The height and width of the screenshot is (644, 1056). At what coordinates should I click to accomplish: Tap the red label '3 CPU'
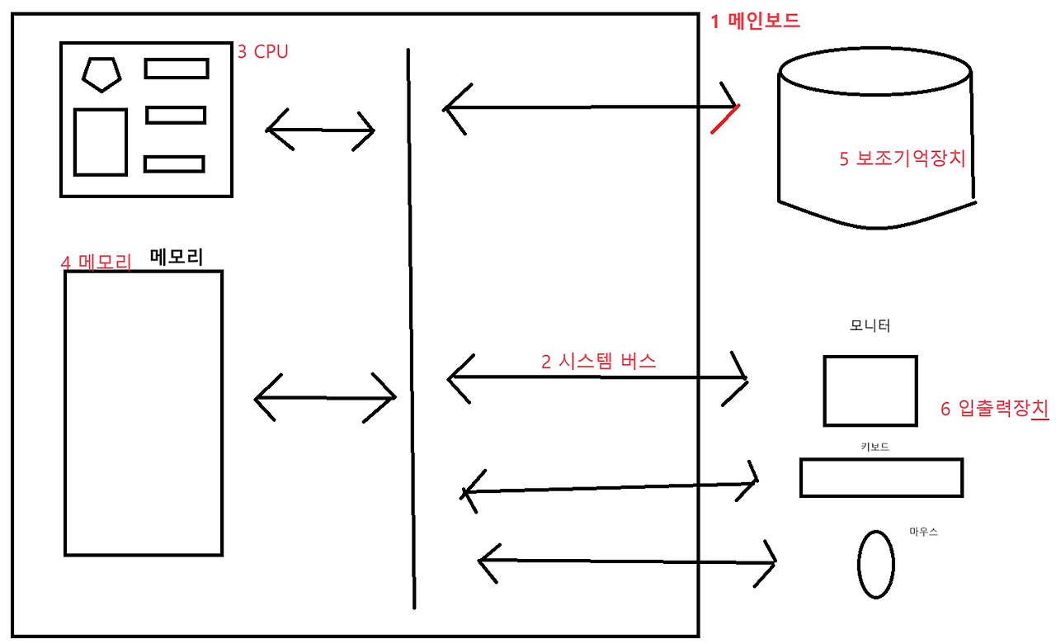(263, 52)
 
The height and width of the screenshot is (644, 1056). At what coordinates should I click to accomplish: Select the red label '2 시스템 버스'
(598, 361)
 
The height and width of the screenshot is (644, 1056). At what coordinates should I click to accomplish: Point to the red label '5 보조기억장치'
(902, 159)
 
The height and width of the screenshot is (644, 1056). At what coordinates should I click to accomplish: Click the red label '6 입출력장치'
(994, 408)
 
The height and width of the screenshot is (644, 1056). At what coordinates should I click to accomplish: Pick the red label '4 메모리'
(96, 263)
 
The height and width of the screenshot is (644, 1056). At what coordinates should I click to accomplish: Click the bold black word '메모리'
(177, 257)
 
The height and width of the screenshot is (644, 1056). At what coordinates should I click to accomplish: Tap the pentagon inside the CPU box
(101, 73)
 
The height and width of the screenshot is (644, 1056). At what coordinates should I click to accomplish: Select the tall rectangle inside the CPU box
(101, 142)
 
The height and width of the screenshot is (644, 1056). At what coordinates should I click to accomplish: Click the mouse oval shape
(875, 564)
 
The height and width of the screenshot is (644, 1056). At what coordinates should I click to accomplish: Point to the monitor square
(870, 391)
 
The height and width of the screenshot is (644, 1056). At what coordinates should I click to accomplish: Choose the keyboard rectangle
(881, 478)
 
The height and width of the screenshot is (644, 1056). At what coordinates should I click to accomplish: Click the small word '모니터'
(870, 326)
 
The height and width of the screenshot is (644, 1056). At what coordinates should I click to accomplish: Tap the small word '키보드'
(874, 447)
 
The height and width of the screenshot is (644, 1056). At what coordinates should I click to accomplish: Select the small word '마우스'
(923, 533)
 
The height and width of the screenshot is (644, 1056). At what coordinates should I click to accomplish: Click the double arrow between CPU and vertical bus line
(320, 130)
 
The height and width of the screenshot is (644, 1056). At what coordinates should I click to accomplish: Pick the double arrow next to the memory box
(324, 398)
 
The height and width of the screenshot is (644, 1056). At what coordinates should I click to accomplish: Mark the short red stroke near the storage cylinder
(725, 118)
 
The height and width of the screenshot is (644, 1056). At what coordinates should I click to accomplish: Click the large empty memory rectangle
(144, 413)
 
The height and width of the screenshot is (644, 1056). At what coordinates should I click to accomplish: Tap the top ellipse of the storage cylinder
(875, 71)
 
